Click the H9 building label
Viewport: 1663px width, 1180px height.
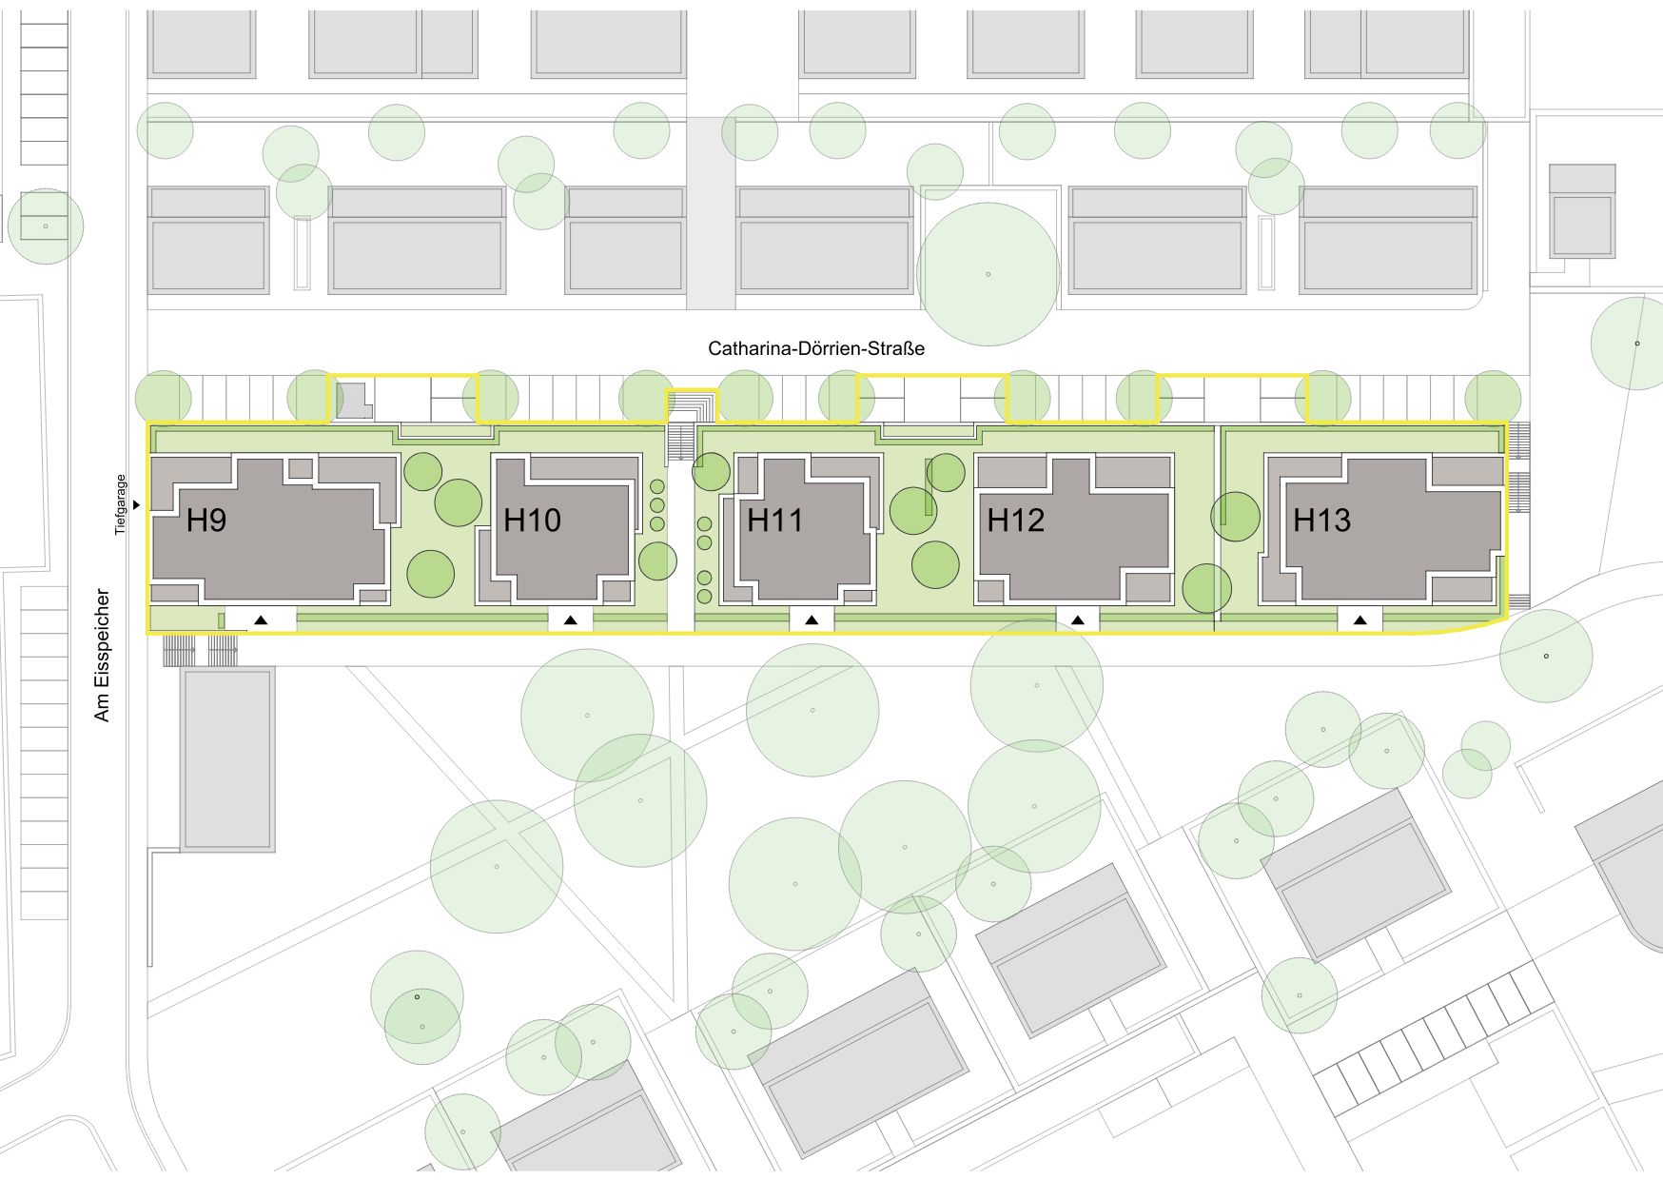click(x=205, y=521)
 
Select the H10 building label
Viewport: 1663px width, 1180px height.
click(x=532, y=521)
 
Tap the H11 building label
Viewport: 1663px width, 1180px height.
click(x=774, y=521)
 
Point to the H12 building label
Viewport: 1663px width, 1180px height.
click(x=1015, y=521)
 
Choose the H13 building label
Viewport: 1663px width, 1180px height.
click(x=1321, y=521)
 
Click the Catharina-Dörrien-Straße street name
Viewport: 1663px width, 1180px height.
click(x=816, y=348)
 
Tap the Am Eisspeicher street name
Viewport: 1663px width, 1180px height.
click(x=103, y=655)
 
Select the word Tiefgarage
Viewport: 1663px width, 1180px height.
click(x=121, y=504)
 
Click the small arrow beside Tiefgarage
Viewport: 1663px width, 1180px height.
click(x=138, y=505)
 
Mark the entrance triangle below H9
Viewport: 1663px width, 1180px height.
click(x=261, y=620)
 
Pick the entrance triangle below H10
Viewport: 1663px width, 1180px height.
click(x=570, y=620)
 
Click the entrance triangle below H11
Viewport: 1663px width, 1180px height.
click(x=812, y=620)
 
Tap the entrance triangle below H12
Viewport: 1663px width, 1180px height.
click(x=1077, y=620)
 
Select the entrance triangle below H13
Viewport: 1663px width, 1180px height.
click(x=1360, y=620)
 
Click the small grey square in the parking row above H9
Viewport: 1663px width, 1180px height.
click(x=354, y=400)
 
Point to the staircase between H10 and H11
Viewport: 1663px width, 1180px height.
click(x=681, y=441)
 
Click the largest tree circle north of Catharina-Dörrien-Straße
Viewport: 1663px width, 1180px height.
click(x=988, y=274)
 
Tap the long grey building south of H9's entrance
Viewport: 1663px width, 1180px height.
click(x=227, y=759)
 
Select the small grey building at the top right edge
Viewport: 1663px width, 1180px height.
click(x=1582, y=211)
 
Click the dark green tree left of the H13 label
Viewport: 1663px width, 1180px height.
click(x=1235, y=517)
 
